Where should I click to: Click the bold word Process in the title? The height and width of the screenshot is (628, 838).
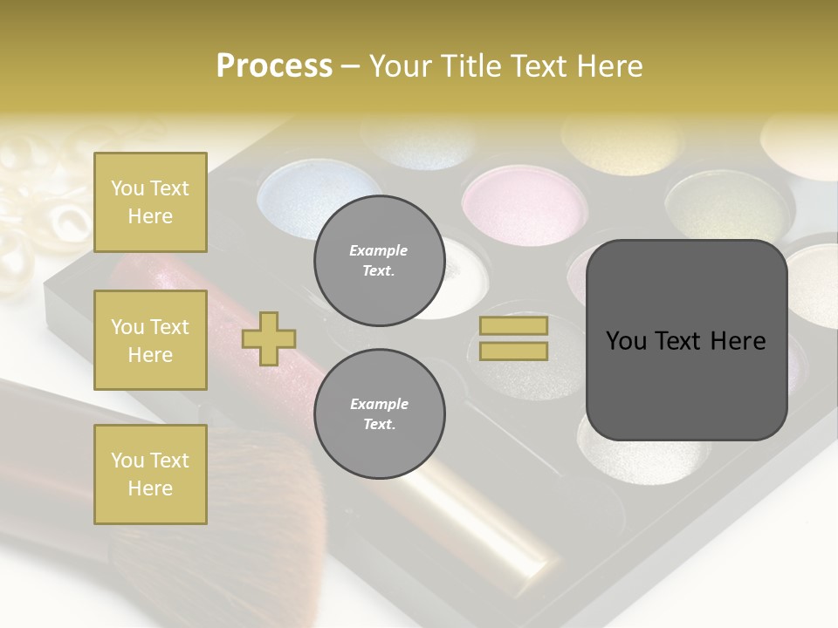(274, 66)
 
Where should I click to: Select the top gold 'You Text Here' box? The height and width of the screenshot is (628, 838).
(150, 202)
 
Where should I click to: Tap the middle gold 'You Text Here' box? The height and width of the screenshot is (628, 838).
(150, 340)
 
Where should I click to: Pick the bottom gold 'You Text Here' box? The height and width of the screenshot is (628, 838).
(150, 474)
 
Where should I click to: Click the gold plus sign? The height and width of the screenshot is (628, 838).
(269, 338)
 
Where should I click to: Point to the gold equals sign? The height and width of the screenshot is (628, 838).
(513, 338)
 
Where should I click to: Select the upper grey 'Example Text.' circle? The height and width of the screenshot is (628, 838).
(379, 261)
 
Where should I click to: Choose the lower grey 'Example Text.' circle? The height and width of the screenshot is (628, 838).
(379, 414)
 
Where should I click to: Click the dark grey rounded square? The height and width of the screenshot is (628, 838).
(686, 340)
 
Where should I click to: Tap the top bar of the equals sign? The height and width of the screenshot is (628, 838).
(513, 326)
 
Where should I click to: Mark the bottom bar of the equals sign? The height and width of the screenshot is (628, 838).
(513, 351)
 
